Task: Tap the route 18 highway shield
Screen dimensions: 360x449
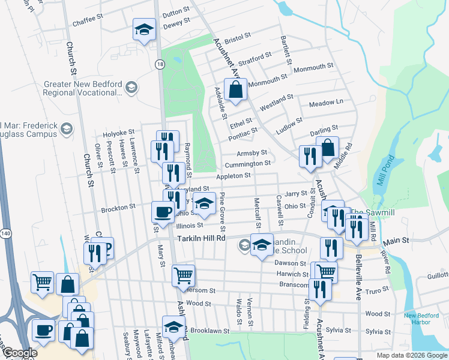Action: (x=159, y=64)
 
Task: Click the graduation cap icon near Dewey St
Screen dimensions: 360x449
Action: (x=144, y=29)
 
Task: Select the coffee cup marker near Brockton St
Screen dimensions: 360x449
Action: (x=163, y=212)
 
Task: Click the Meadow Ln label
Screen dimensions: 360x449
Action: (x=326, y=103)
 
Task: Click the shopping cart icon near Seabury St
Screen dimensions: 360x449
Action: (x=42, y=281)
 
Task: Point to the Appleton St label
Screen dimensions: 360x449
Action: (x=234, y=175)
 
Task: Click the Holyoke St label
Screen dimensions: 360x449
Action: (x=118, y=133)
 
